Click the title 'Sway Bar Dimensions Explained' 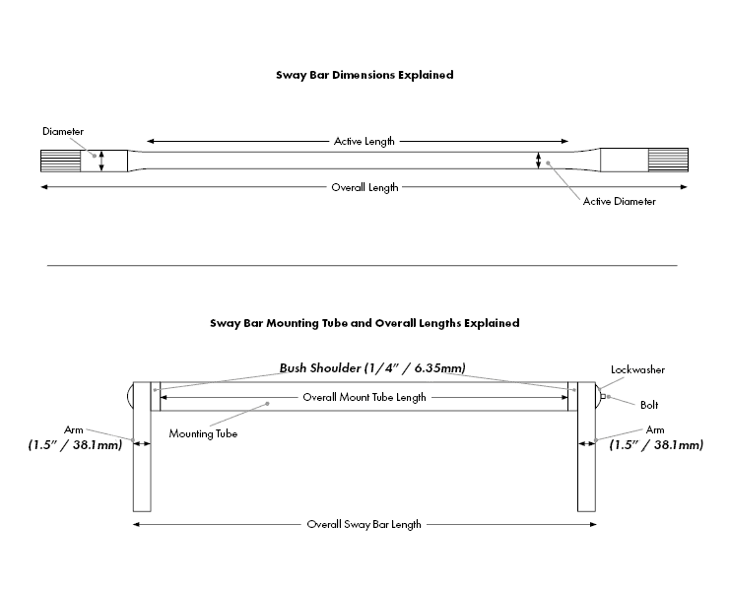364,75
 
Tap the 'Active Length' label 364,141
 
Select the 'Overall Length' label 364,187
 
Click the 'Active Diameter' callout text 619,202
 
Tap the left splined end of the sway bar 60,161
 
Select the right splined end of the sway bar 669,161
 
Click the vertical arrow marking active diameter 538,161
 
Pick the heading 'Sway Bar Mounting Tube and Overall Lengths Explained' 364,322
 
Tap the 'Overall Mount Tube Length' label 364,397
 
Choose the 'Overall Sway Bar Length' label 364,524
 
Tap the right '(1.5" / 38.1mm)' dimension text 656,445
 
